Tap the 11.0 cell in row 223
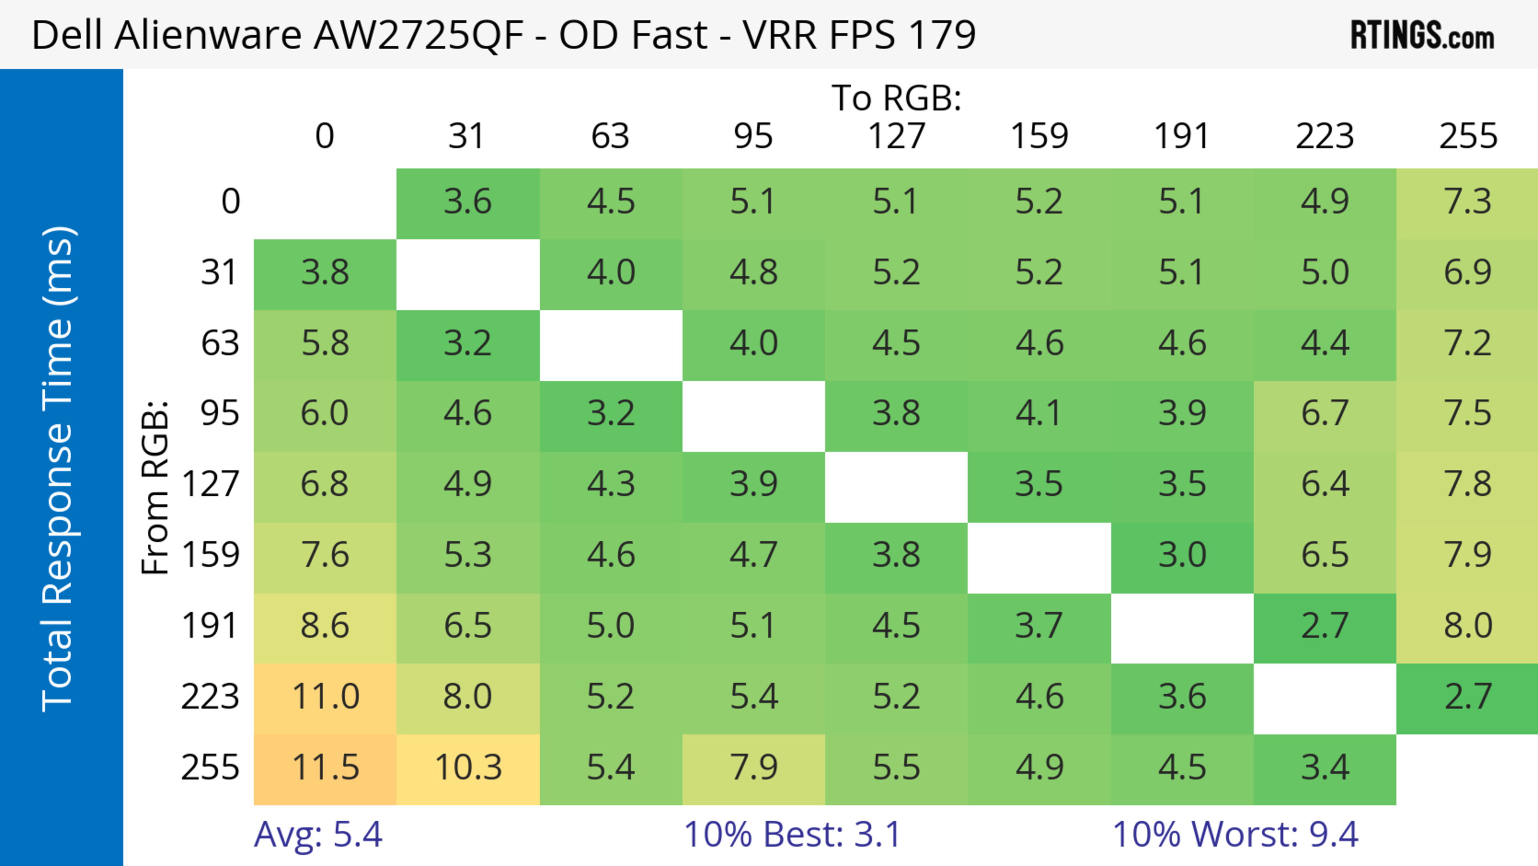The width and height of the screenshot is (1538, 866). point(325,697)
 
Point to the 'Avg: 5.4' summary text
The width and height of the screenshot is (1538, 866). point(318,834)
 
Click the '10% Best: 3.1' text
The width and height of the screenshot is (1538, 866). point(792,834)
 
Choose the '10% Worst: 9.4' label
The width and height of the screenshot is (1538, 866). point(1235,834)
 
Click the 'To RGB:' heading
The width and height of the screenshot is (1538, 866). point(896,98)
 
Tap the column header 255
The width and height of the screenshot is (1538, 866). point(1468,136)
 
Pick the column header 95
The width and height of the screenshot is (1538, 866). point(753,136)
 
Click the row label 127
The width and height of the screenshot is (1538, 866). point(210,484)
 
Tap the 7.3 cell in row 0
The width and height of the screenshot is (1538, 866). point(1468,201)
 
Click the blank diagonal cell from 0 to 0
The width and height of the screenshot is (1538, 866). point(325,203)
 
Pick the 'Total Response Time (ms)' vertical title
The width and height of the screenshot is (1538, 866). point(58,469)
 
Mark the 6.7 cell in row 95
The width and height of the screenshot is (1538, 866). point(1325,413)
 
